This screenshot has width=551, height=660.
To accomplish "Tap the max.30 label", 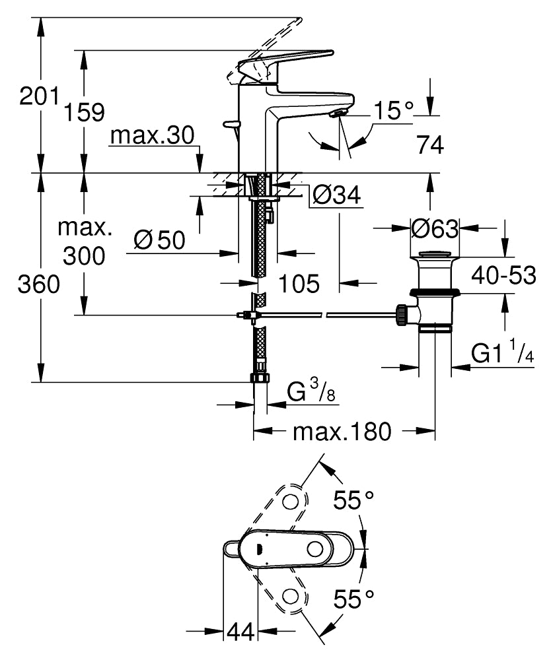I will [152, 136].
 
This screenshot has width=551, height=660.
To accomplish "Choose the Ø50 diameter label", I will [159, 240].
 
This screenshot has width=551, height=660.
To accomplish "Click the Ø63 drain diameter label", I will [434, 229].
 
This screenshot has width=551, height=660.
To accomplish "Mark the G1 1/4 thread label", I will [503, 354].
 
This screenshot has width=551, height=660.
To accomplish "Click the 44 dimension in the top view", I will [241, 632].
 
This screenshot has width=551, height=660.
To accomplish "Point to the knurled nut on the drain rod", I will [401, 314].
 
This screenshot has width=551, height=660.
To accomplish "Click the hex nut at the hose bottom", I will [260, 379].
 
